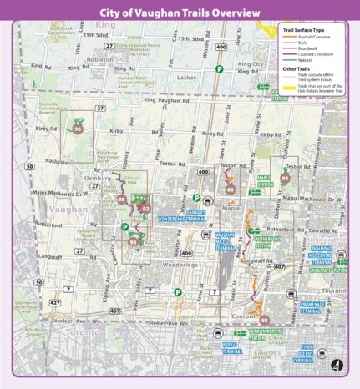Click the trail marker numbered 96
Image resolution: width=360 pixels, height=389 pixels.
(x=78, y=129)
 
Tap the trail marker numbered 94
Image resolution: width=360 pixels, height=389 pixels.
(x=285, y=177)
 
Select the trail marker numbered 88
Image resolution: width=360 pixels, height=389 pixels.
(x=265, y=319)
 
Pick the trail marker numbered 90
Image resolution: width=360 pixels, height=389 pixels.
(x=134, y=241)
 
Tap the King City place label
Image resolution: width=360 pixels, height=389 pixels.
(x=251, y=64)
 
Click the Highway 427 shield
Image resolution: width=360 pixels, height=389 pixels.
(x=55, y=301)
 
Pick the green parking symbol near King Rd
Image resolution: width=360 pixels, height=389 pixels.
(x=218, y=70)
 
